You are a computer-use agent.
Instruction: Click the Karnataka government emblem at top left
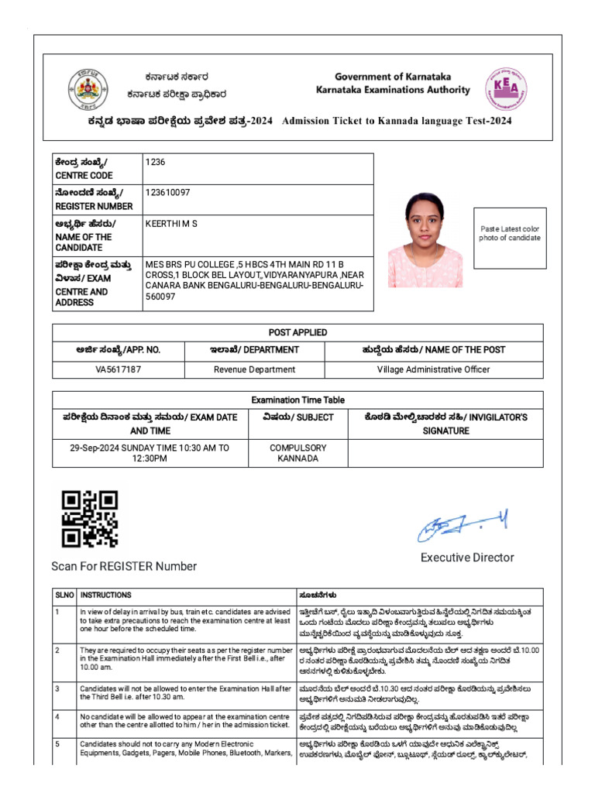click(x=88, y=89)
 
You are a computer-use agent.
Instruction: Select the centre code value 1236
click(x=156, y=162)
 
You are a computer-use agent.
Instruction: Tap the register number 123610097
click(x=168, y=192)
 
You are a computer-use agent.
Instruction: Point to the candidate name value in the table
click(x=171, y=224)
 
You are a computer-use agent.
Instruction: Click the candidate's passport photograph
click(x=425, y=239)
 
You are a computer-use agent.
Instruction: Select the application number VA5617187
click(x=118, y=369)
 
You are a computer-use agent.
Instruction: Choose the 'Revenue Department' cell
click(x=255, y=369)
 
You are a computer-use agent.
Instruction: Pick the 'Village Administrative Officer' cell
click(x=433, y=369)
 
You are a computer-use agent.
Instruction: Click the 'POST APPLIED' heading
click(x=297, y=332)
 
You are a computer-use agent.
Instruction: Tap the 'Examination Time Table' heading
click(x=297, y=400)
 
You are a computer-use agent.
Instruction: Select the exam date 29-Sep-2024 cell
click(x=150, y=453)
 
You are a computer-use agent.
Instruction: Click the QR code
click(x=90, y=518)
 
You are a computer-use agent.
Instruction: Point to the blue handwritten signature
click(x=463, y=528)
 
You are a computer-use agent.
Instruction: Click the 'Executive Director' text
click(x=467, y=558)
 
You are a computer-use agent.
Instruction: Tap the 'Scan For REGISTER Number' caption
click(x=124, y=566)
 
